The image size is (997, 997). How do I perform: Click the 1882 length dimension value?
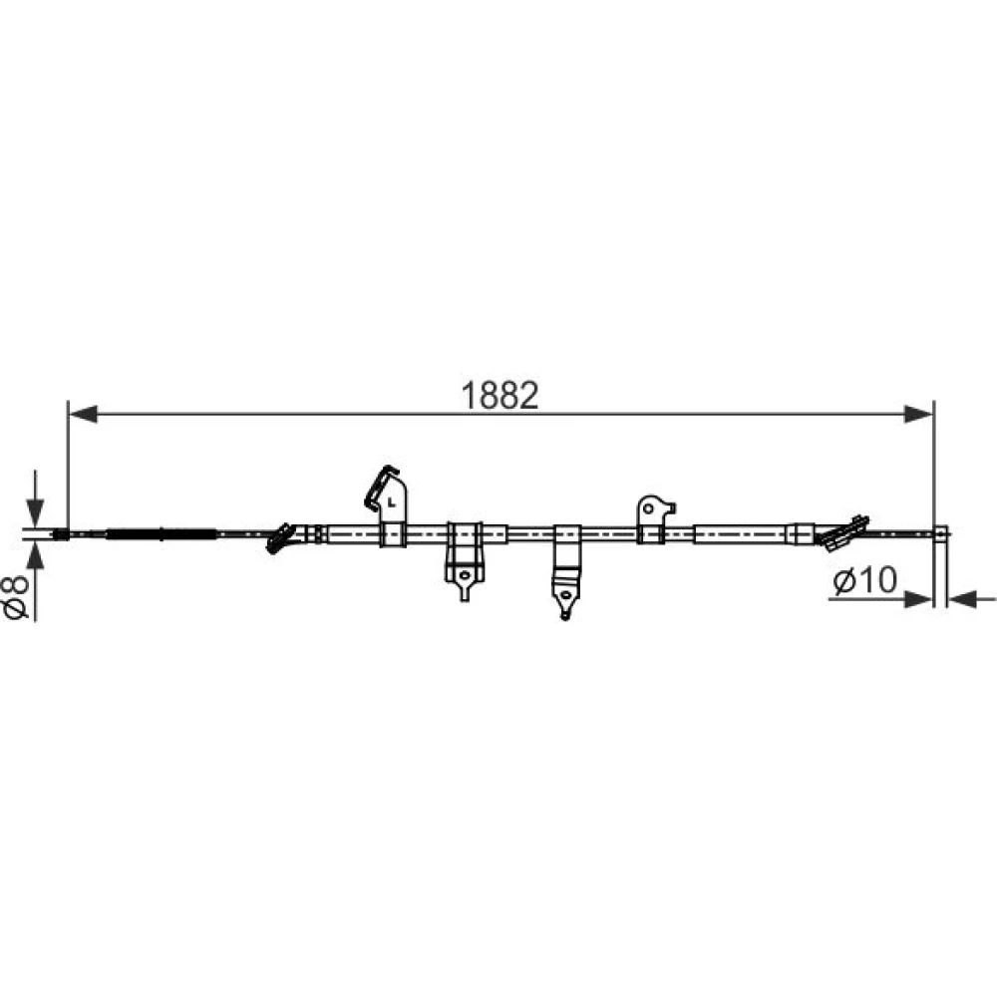pos(499,395)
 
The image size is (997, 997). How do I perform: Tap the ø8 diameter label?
pos(17,596)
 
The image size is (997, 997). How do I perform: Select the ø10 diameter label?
pos(864,580)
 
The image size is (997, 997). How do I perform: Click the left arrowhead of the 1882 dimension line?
pos(83,414)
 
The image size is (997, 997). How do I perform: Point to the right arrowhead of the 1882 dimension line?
pos(919,414)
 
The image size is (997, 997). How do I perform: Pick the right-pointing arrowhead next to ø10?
pos(918,598)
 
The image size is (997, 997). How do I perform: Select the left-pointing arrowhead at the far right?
pos(962,598)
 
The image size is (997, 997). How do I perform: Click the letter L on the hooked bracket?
pos(392,502)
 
